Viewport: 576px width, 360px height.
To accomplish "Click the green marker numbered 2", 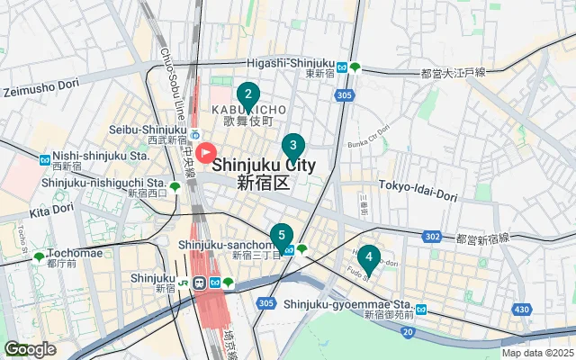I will (248, 94).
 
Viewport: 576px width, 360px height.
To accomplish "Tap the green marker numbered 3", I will (292, 145).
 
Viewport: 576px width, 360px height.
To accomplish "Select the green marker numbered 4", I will (368, 257).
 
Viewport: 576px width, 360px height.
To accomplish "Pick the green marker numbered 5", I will (281, 235).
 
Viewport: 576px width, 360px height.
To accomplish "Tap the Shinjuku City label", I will (264, 166).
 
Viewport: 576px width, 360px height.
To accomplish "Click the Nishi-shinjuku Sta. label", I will (97, 155).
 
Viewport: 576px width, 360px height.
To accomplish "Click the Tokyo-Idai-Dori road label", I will (419, 184).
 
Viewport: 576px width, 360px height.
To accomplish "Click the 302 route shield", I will (433, 237).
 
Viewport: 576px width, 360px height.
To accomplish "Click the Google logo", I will (30, 349).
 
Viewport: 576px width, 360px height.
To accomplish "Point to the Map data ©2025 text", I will (536, 353).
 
